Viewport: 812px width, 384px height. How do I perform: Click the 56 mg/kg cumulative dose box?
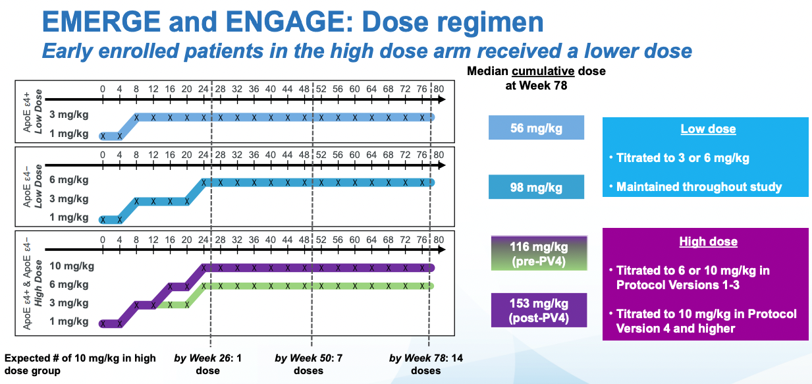click(536, 128)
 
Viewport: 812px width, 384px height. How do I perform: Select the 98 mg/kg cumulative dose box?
click(536, 187)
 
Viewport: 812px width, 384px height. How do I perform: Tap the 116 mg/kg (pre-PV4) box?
click(539, 254)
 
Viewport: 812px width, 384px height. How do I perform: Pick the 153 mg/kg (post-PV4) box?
click(539, 310)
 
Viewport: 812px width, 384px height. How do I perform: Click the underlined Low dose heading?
click(708, 129)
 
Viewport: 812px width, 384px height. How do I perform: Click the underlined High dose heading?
click(708, 242)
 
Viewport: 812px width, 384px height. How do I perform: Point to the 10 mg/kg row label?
click(72, 266)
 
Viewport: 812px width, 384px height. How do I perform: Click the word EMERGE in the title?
click(101, 22)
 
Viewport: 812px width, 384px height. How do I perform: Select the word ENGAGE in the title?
click(289, 22)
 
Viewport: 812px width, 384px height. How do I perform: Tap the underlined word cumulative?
click(543, 71)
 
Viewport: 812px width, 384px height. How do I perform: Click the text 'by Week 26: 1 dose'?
click(207, 364)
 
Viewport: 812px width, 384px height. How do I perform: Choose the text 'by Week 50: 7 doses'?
click(308, 364)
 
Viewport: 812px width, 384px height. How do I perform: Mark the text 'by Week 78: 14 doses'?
click(426, 364)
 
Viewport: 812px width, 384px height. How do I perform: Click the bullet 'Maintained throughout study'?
click(699, 187)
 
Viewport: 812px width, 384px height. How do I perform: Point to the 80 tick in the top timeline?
click(439, 89)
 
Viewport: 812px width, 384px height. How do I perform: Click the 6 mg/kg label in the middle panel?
click(69, 180)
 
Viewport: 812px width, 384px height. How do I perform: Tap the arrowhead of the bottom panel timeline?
click(442, 250)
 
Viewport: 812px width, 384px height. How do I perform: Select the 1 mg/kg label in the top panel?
click(69, 134)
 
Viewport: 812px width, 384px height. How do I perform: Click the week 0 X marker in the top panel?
click(103, 136)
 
